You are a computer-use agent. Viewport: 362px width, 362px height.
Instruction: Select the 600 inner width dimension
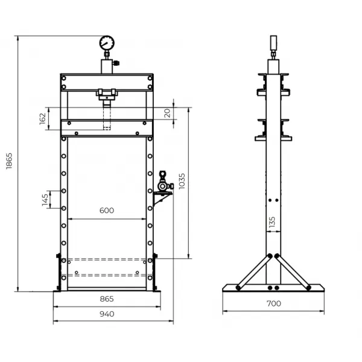[107, 211]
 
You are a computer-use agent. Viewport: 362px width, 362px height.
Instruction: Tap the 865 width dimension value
[107, 299]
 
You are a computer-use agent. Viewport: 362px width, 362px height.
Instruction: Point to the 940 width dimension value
[107, 314]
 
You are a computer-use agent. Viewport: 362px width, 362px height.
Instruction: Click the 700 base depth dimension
[273, 304]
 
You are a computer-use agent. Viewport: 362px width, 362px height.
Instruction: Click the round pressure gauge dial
[107, 43]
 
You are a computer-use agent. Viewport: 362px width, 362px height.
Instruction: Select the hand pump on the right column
[163, 184]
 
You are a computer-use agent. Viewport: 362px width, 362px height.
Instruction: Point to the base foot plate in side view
[273, 288]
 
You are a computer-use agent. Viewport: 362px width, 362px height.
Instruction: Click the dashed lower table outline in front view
[107, 267]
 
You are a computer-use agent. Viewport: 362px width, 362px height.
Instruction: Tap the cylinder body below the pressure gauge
[107, 65]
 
